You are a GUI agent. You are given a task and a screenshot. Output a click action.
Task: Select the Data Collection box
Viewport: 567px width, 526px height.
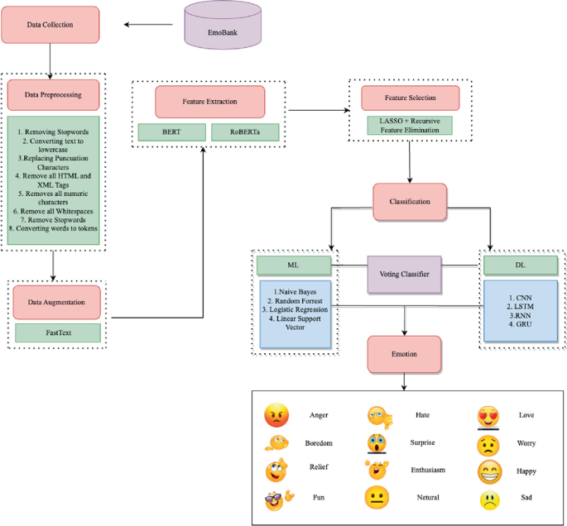tap(51, 25)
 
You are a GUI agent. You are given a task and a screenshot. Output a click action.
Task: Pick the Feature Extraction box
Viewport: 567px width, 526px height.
tap(210, 102)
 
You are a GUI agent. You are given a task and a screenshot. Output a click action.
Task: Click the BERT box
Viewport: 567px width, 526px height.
tap(171, 132)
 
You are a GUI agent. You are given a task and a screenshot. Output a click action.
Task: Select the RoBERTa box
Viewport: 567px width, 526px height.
tap(246, 132)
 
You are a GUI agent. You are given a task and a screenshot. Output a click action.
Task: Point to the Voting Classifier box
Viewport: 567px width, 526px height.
tap(404, 274)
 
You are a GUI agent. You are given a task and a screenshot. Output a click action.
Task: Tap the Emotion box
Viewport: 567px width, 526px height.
tap(404, 354)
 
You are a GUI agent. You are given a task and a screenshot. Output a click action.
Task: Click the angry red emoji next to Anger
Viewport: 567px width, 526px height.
tap(275, 415)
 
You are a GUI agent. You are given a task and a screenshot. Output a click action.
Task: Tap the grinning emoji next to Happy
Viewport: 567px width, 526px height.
tap(490, 471)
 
